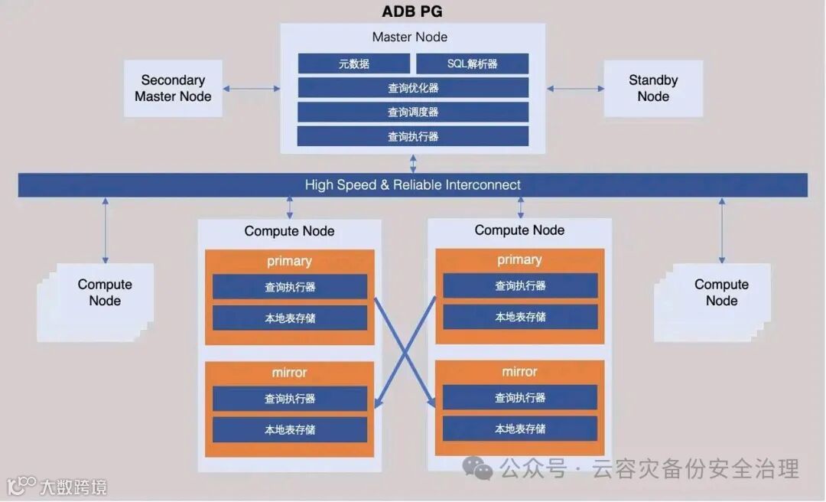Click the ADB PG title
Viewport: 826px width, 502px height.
[x=412, y=11]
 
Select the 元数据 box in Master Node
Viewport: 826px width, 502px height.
[x=354, y=64]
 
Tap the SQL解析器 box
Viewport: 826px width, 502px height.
[x=472, y=64]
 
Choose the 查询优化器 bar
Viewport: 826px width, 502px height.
[x=413, y=88]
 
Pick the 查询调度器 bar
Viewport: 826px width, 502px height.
[x=413, y=112]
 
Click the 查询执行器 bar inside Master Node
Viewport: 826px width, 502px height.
[x=413, y=137]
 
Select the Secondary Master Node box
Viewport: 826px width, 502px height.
[x=173, y=89]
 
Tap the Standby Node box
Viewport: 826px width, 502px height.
[x=653, y=89]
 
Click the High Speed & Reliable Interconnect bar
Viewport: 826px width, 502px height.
[x=413, y=185]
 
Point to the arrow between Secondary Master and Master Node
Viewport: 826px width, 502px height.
[x=252, y=89]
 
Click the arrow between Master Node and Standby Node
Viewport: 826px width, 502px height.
[x=575, y=89]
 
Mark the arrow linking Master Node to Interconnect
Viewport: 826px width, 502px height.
[x=413, y=163]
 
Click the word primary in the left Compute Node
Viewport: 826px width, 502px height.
[x=289, y=261]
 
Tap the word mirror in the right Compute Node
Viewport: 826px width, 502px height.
[x=519, y=372]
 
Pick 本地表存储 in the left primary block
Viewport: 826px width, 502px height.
[x=290, y=318]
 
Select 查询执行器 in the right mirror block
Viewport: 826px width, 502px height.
[x=520, y=398]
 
